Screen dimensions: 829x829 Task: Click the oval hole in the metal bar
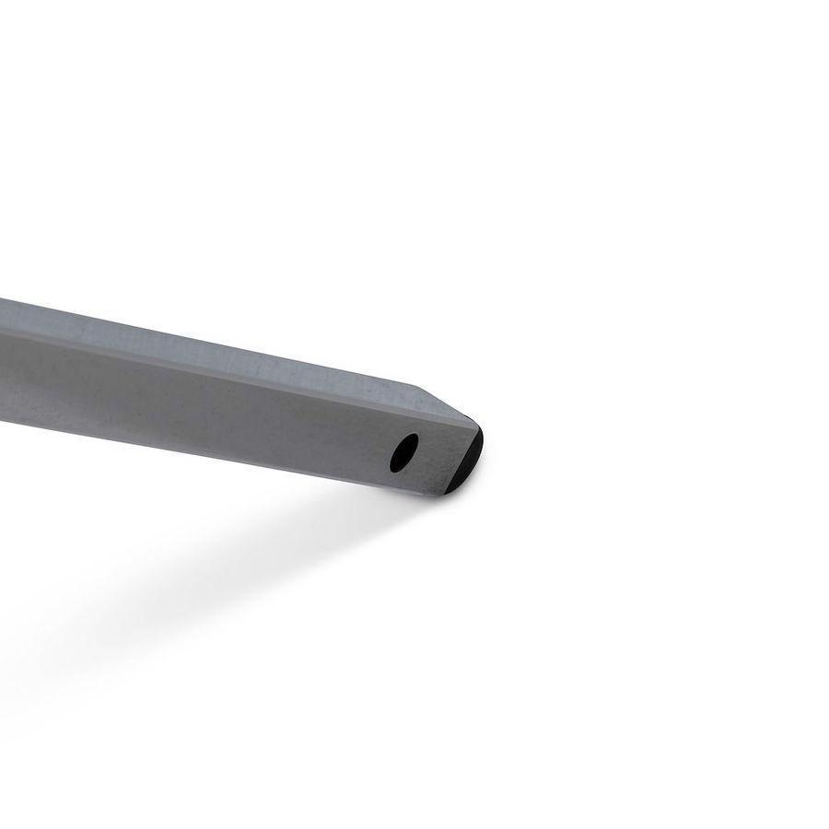pos(403,451)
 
